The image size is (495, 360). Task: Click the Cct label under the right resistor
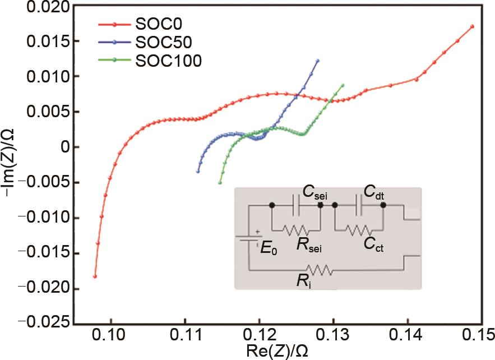tap(373, 244)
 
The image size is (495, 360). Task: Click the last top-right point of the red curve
tap(473, 26)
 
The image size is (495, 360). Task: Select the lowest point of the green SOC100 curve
tap(220, 183)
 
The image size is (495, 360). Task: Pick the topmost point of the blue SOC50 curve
tap(317, 61)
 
